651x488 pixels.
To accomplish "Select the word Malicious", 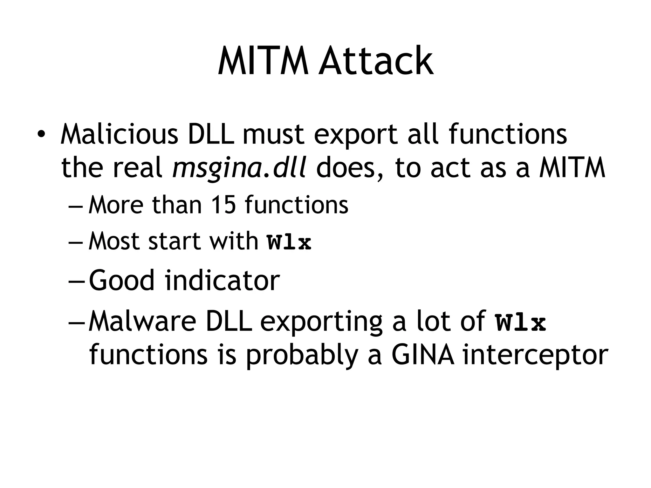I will point(120,134).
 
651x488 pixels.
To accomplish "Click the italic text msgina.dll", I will point(239,168).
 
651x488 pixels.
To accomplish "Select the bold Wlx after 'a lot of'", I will point(520,323).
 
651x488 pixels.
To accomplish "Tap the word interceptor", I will point(535,355).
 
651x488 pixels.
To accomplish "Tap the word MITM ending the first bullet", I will point(572,168).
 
